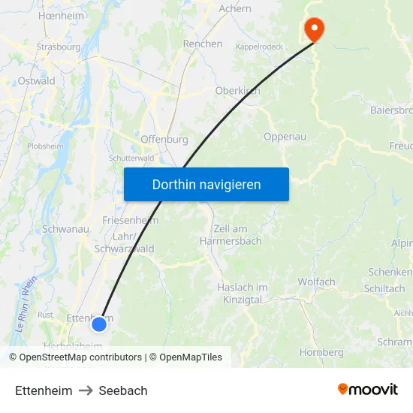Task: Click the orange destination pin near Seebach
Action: click(x=313, y=29)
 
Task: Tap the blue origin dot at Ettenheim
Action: click(x=99, y=324)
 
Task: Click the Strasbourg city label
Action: click(x=58, y=47)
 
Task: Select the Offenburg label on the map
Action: click(x=164, y=139)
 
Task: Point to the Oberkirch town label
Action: click(x=237, y=91)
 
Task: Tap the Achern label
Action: click(x=235, y=9)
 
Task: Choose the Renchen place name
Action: click(x=203, y=44)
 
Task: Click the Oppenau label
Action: click(x=285, y=137)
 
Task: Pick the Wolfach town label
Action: click(x=316, y=282)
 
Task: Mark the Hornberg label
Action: click(x=321, y=352)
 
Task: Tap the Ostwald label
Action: click(x=36, y=80)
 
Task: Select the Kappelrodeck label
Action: click(x=259, y=47)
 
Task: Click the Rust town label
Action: click(x=46, y=315)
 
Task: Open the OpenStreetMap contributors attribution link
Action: click(x=80, y=357)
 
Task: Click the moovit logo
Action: click(x=367, y=390)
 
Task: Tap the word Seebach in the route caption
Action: click(x=123, y=390)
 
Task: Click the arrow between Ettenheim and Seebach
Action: click(x=86, y=390)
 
